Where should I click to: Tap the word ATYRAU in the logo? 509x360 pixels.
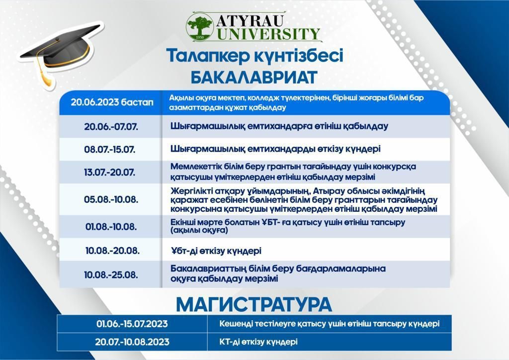[x=250, y=21]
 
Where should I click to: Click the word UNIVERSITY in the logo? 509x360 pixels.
[x=268, y=34]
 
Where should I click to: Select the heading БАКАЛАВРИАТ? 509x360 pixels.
[x=254, y=77]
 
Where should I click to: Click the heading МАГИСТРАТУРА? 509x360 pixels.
[x=254, y=304]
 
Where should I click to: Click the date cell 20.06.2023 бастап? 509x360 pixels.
[x=112, y=102]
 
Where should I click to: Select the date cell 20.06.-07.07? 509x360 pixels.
[x=111, y=127]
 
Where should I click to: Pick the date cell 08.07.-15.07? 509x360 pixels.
[x=110, y=150]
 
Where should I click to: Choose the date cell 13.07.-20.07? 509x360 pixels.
[x=110, y=172]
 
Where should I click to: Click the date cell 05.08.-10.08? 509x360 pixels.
[x=111, y=199]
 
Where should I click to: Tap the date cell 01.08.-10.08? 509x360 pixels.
[x=111, y=226]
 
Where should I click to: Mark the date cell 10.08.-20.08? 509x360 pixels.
[x=112, y=251]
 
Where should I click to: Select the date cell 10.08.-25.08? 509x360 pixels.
[x=111, y=274]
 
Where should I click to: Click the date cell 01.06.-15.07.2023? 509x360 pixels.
[x=132, y=324]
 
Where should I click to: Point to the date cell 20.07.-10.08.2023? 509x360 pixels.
[x=132, y=342]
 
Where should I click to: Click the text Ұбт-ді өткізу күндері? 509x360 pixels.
[x=216, y=251]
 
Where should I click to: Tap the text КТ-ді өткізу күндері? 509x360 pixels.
[x=258, y=342]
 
